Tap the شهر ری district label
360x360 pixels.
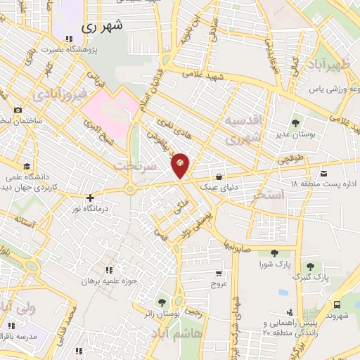point(102,27)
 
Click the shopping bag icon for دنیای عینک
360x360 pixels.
point(219,176)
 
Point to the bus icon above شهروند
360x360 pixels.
point(338,304)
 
